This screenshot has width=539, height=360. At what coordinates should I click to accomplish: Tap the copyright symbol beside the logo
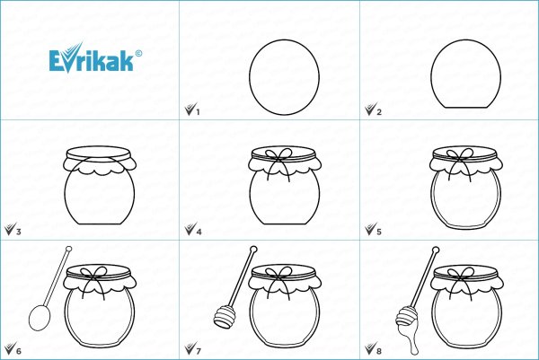138,53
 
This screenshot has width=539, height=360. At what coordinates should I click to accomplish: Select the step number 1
198,112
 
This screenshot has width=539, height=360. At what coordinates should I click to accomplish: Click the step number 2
379,112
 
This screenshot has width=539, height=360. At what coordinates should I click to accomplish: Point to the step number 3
19,232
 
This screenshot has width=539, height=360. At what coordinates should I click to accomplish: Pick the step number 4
199,232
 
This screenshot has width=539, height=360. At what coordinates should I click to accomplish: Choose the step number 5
379,232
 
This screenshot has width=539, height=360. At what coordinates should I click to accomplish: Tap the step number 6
19,351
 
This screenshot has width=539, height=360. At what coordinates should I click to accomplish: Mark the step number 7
199,351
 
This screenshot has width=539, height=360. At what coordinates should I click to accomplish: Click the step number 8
379,351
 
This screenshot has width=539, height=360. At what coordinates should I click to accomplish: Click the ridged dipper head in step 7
225,318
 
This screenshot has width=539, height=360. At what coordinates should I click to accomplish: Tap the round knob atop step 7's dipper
253,249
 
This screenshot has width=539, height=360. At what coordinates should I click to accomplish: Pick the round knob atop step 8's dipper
436,250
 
